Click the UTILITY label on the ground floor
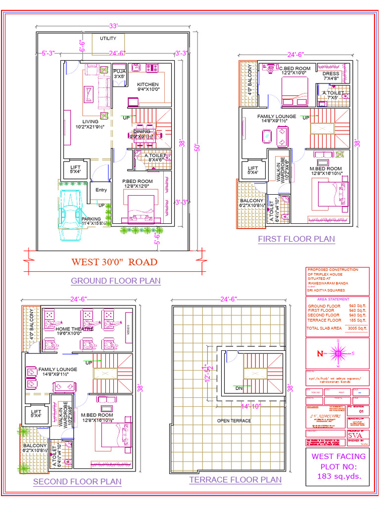(x=108, y=38)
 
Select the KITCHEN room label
(x=147, y=84)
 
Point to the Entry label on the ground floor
(x=101, y=190)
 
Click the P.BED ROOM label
(x=138, y=181)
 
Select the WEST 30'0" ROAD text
(x=114, y=262)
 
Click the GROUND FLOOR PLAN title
(x=116, y=281)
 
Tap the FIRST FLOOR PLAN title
(x=296, y=239)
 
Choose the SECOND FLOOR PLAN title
(x=77, y=481)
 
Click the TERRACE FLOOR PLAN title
(x=236, y=479)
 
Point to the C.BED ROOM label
(x=295, y=68)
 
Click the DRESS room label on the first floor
(x=331, y=74)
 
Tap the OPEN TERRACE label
(x=234, y=421)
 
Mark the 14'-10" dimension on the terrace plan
(x=251, y=406)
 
